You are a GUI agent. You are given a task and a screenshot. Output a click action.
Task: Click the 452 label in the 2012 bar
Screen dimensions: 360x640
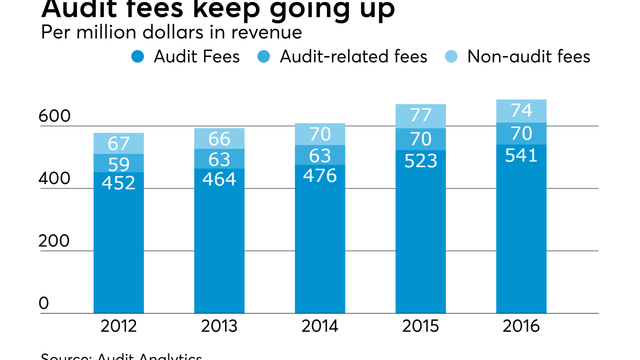[118, 182]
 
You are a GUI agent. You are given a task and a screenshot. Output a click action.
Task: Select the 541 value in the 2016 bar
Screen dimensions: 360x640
[521, 155]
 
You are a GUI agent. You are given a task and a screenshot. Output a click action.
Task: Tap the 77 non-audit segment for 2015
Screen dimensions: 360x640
[420, 115]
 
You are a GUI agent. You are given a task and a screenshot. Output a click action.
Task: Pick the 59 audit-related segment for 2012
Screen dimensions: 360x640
[118, 163]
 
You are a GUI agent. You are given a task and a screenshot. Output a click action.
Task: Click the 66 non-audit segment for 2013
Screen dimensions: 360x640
[219, 138]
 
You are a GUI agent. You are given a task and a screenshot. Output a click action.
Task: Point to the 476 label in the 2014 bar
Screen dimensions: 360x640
[319, 175]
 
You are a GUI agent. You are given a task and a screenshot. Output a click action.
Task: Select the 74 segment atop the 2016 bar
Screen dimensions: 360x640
[521, 110]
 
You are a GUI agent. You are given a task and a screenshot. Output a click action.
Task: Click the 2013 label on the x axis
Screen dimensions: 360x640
[219, 326]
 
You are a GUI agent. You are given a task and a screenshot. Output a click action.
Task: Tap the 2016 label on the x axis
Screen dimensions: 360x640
[521, 326]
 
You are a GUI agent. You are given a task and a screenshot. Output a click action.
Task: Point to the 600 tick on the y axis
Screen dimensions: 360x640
[54, 116]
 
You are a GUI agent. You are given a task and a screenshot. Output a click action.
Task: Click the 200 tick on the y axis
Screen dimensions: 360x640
[54, 241]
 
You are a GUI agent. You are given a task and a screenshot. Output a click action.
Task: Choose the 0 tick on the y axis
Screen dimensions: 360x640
[44, 303]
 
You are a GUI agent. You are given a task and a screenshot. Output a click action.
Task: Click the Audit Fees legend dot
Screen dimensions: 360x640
[138, 56]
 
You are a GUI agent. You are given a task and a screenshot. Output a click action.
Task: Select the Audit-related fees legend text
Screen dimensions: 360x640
[353, 56]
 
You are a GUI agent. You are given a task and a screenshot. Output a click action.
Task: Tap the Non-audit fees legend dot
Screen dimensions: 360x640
[451, 56]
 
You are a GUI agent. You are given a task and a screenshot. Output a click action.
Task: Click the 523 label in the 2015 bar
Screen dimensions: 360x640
[420, 160]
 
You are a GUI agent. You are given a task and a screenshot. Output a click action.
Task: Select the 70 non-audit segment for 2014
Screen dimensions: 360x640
[319, 134]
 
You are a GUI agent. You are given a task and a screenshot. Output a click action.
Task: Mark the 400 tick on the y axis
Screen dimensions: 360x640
[54, 179]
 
